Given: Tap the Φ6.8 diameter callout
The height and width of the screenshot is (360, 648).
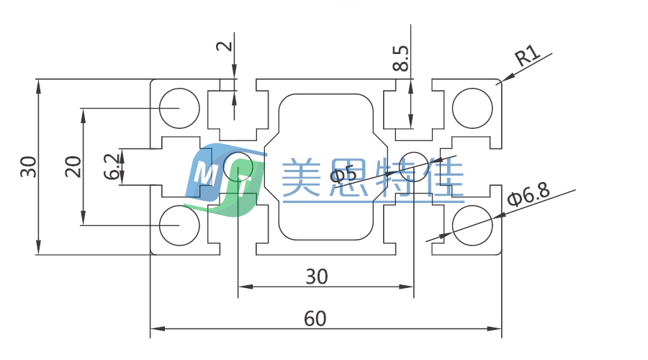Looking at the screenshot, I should (x=529, y=196).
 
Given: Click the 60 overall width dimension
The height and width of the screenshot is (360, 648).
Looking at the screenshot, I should (x=315, y=318).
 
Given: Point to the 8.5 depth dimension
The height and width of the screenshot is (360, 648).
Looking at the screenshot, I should (x=401, y=58).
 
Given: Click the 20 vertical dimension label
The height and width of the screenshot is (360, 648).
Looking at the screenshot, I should (x=73, y=167).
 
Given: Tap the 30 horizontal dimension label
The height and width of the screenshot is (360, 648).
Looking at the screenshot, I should (x=317, y=276).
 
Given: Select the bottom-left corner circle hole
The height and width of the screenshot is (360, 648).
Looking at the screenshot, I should (x=179, y=225).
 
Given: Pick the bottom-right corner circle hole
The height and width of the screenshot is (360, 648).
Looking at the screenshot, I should (x=472, y=225).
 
